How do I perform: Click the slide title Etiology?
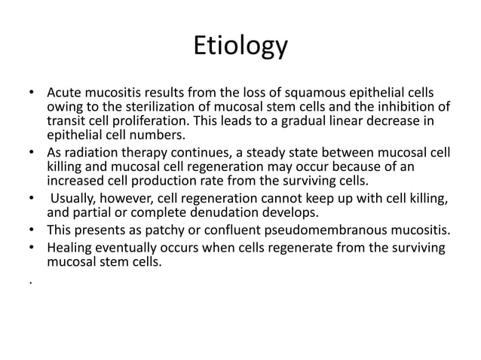240,46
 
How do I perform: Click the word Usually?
77,198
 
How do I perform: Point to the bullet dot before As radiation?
32,151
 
